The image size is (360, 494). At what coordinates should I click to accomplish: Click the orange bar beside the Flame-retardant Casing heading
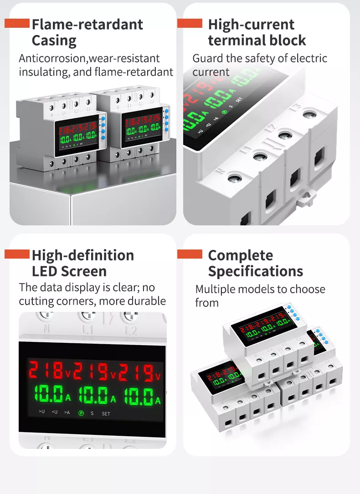17,23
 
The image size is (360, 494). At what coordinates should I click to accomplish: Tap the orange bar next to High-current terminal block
190,23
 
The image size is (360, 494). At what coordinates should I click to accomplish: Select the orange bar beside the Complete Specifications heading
190,254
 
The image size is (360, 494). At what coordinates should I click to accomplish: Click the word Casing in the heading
54,41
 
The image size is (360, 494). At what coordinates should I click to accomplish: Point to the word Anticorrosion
53,58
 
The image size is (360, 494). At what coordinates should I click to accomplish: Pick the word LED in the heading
45,271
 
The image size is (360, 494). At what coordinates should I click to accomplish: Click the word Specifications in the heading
255,271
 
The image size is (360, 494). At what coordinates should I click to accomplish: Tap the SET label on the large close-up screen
106,414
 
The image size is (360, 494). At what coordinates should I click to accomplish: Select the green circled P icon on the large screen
81,413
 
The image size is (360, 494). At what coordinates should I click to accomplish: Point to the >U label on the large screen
42,413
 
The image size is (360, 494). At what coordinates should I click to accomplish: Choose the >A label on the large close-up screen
67,413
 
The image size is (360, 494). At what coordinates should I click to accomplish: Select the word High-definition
82,255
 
